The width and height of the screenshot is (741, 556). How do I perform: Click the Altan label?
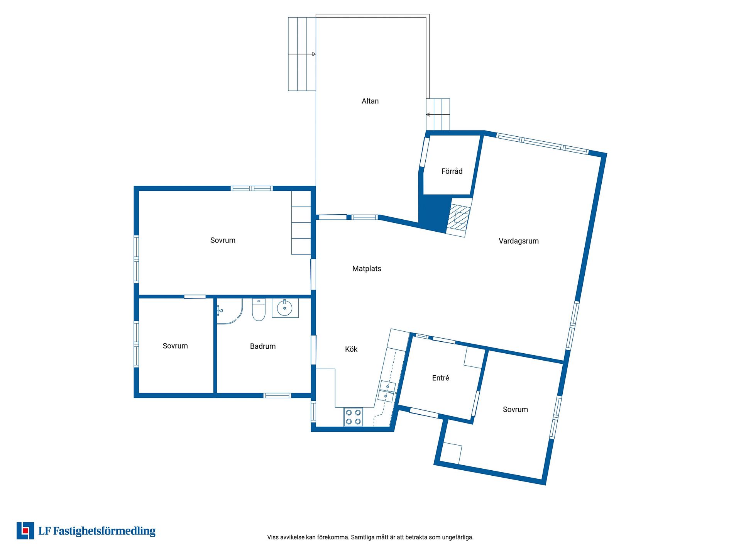(370, 101)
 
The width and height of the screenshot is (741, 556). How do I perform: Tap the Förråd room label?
(452, 171)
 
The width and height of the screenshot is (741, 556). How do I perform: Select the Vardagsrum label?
(518, 241)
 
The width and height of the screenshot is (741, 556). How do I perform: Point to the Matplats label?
(367, 269)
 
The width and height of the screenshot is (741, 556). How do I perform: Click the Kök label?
(351, 349)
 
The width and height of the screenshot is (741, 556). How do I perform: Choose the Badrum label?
(262, 346)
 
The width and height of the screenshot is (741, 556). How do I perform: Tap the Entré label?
(440, 378)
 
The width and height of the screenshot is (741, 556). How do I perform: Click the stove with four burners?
(353, 417)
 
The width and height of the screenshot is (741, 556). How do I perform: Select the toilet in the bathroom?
(259, 310)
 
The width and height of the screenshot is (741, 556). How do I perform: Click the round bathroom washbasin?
(285, 308)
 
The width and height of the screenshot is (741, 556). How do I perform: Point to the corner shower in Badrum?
(230, 311)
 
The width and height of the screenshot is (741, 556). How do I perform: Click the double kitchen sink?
(387, 391)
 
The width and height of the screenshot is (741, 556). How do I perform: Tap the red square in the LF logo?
(25, 531)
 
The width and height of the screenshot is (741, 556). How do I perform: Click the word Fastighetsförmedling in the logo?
(104, 531)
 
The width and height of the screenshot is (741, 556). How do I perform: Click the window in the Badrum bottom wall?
(277, 395)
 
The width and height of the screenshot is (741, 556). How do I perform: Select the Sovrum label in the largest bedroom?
(223, 240)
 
